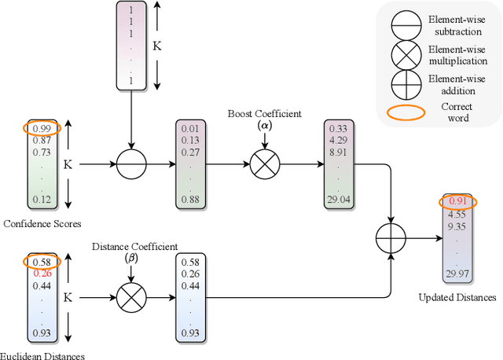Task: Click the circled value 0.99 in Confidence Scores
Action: point(41,128)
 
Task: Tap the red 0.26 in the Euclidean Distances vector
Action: point(41,274)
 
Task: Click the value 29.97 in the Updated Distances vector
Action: point(457,272)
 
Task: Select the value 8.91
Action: point(338,152)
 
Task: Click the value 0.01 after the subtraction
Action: point(191,129)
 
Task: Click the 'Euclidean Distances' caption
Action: point(42,355)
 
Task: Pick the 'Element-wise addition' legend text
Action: point(457,84)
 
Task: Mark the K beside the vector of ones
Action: point(157,46)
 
